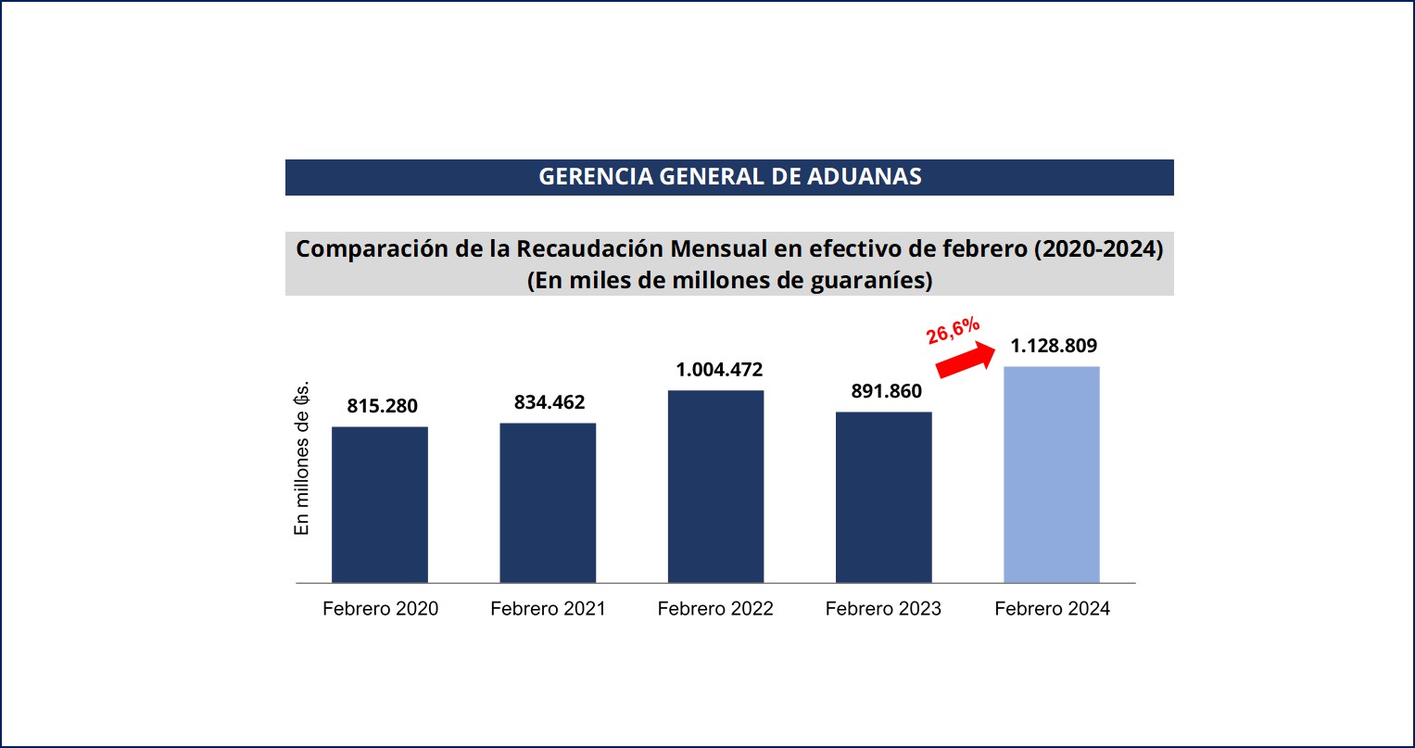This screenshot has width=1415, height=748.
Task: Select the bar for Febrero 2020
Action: coord(380,504)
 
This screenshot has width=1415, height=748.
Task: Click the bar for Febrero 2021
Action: coord(548,502)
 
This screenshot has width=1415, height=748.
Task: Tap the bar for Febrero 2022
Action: coord(715,486)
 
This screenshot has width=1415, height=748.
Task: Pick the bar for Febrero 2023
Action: coord(883,497)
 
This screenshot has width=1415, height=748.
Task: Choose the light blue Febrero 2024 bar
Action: coord(1052,475)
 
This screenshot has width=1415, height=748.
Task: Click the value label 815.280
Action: coord(383,406)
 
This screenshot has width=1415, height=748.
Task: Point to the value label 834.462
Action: coord(550,402)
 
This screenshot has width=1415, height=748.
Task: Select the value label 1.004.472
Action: coord(719,370)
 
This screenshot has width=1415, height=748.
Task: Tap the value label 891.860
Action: coord(887,391)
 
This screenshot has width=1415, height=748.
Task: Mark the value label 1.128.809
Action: coord(1054,346)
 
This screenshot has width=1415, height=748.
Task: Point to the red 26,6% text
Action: coord(953,330)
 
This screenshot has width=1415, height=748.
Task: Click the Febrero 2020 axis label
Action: coord(380,609)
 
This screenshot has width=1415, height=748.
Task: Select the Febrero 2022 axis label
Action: coord(715,609)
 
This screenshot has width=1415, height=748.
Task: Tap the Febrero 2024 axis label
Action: coord(1052,609)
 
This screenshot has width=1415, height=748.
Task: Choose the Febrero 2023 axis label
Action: coord(883,609)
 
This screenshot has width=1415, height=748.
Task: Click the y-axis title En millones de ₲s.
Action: coord(301,457)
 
